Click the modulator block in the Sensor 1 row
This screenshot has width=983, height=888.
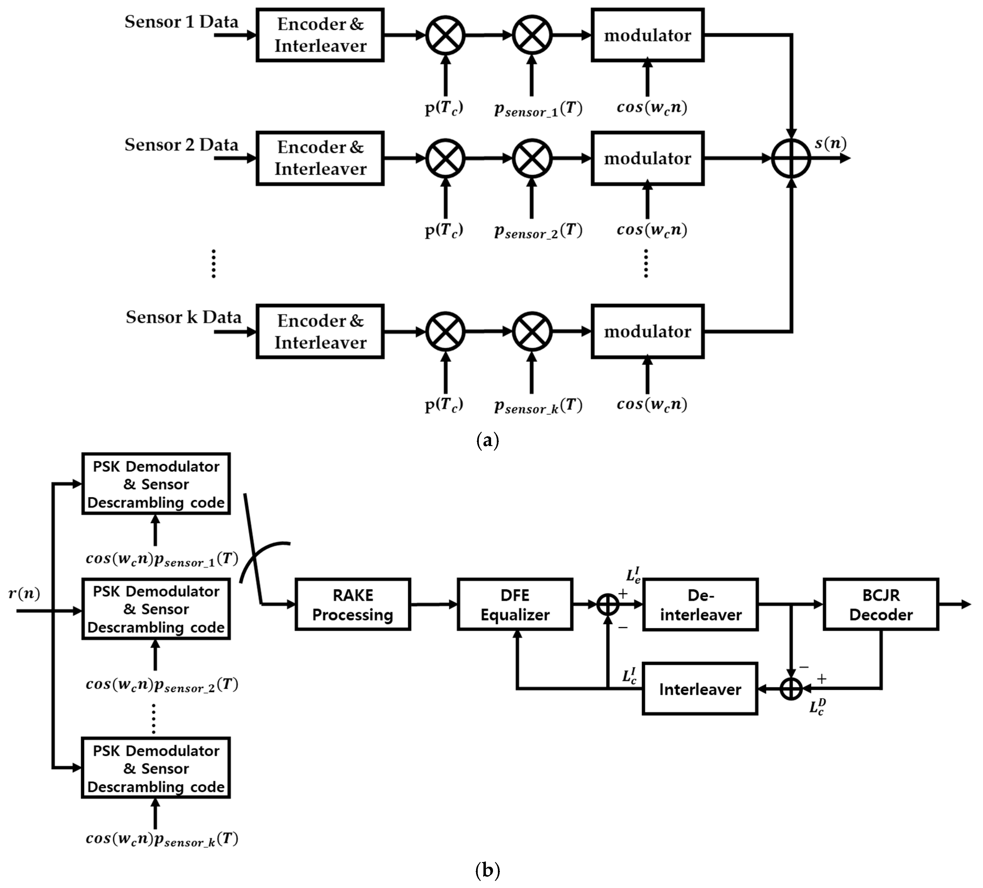pos(648,35)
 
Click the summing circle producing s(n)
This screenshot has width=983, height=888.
pos(791,159)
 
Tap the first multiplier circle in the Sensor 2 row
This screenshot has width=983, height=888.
pos(445,159)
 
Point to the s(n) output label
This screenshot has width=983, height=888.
pos(830,143)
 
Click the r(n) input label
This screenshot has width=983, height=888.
pos(24,594)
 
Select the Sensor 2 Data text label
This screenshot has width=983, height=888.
pos(181,145)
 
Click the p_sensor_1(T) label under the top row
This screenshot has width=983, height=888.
pos(538,109)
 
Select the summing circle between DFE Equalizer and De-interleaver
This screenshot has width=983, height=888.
pos(608,604)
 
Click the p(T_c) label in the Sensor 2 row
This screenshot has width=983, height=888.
pos(444,229)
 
